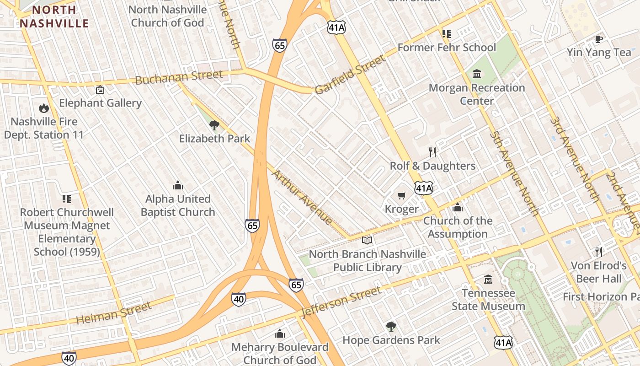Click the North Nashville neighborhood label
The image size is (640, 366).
(54, 16)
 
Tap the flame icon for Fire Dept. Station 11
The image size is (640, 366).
(44, 108)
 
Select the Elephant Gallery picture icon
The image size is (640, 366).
(100, 90)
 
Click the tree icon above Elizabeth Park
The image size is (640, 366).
(214, 125)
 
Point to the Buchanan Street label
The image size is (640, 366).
(179, 77)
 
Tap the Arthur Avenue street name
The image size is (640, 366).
(302, 197)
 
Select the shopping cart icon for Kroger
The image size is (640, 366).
(402, 196)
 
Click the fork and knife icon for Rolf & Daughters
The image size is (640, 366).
(432, 152)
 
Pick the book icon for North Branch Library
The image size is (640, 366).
(367, 240)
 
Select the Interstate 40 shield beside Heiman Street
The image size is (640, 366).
(238, 299)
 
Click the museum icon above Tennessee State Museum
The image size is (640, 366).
(488, 279)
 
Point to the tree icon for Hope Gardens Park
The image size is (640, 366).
(391, 326)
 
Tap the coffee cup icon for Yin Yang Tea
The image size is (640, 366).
(598, 39)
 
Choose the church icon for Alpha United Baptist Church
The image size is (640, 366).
(178, 185)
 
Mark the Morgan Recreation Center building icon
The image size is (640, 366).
(477, 74)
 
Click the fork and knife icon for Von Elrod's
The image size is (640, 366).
(598, 252)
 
